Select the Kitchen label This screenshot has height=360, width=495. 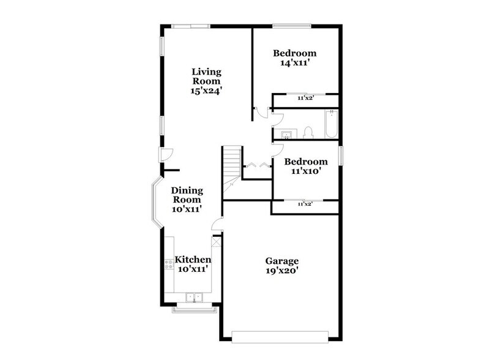pyautogui.click(x=193, y=260)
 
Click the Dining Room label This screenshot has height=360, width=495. pyautogui.click(x=187, y=194)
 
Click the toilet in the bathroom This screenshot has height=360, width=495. pyautogui.click(x=309, y=132)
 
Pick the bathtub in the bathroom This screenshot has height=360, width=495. pyautogui.click(x=330, y=125)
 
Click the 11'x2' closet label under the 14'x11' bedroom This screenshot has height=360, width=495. pyautogui.click(x=305, y=97)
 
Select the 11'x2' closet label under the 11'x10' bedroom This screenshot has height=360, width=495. pyautogui.click(x=305, y=204)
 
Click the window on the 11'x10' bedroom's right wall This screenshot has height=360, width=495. pyautogui.click(x=341, y=156)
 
